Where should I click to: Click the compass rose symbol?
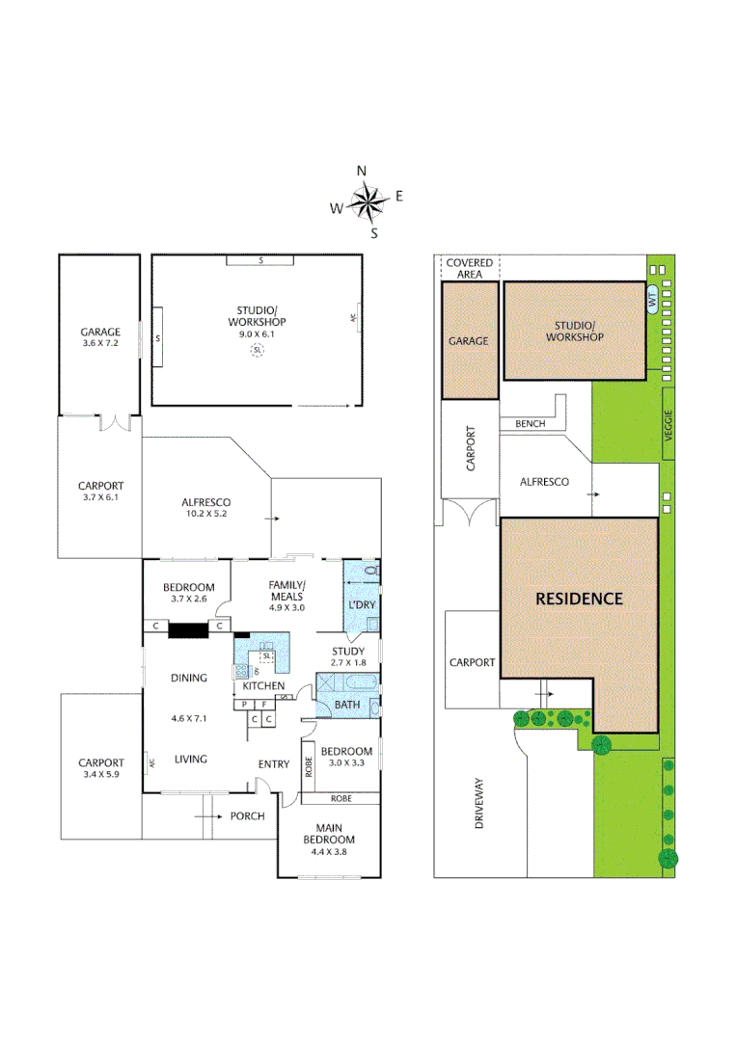368,201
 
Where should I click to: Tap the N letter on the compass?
362,172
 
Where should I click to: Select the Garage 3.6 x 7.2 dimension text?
100,343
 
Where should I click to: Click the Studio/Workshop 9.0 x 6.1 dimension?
257,334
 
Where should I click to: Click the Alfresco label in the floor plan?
205,502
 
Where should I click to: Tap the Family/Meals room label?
286,591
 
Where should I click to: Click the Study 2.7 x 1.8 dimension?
347,663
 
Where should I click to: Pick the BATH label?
346,706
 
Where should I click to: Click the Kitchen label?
262,685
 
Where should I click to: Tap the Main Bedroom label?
329,833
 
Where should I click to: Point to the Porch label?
247,815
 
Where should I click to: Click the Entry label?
274,764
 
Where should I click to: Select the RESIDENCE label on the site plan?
579,598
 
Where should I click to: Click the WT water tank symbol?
652,300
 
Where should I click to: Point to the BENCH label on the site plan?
530,423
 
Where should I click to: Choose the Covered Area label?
470,268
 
